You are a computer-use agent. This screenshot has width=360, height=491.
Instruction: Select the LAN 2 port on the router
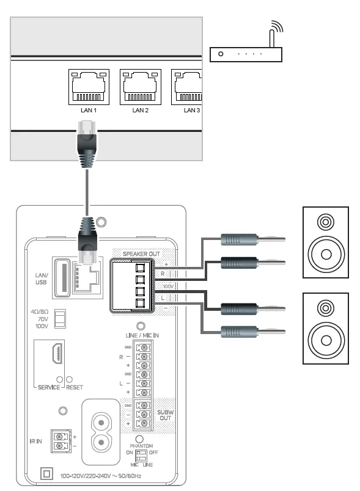click(x=141, y=86)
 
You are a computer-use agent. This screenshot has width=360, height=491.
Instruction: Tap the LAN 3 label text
click(x=192, y=110)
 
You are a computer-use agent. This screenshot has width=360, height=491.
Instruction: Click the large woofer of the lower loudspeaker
click(x=325, y=338)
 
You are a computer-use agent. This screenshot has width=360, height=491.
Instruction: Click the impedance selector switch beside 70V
click(x=59, y=318)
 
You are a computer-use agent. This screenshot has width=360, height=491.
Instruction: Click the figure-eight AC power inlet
click(x=101, y=424)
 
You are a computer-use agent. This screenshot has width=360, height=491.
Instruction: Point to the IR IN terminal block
click(x=59, y=441)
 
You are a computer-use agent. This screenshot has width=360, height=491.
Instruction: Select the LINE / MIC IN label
click(x=141, y=335)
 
